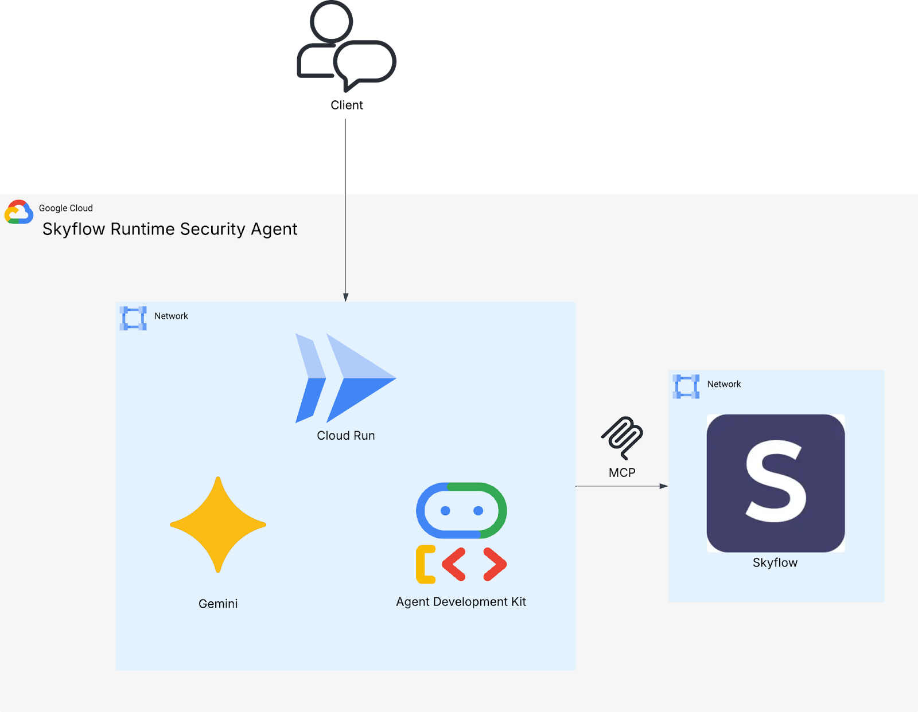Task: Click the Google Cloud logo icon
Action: (19, 212)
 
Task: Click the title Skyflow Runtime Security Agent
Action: (170, 229)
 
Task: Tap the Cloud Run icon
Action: (345, 378)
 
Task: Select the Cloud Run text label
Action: (345, 436)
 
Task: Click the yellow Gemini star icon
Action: (218, 525)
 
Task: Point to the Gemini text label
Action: (218, 604)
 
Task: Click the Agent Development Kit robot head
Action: (461, 510)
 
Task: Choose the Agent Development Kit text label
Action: (461, 602)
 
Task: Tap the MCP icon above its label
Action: (623, 437)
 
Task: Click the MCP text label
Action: (622, 473)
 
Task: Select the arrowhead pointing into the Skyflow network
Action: (664, 486)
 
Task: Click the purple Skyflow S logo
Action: (775, 483)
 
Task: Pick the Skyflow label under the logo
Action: (775, 563)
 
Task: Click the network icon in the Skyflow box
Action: (686, 386)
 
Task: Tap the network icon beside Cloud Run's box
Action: (133, 318)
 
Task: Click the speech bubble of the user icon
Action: (365, 63)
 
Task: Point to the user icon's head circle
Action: (331, 21)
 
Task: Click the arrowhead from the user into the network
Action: (346, 297)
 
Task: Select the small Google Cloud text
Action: (66, 208)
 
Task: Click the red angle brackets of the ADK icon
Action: (474, 564)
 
